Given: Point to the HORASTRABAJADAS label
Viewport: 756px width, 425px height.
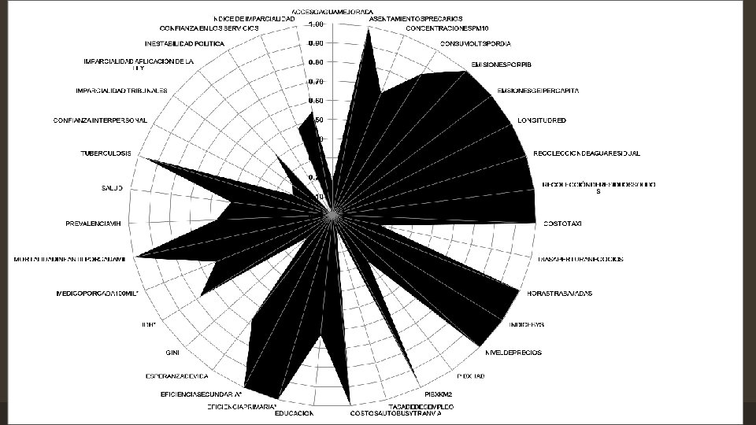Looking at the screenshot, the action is click(x=559, y=294).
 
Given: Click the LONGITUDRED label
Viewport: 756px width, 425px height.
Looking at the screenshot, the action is click(x=542, y=120).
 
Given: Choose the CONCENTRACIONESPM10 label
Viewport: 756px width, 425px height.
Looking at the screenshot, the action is click(x=447, y=28).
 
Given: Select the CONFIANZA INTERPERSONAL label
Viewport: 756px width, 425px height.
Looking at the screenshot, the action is click(x=100, y=120).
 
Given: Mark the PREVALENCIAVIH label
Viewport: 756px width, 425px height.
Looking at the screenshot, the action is click(x=92, y=224).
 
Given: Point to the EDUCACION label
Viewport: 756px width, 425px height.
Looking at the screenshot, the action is click(x=295, y=413).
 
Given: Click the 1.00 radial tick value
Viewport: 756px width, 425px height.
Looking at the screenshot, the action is click(x=316, y=24).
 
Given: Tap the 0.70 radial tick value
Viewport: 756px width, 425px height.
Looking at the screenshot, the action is click(x=316, y=82).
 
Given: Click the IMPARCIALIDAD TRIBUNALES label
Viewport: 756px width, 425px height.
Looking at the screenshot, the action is click(x=122, y=90).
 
